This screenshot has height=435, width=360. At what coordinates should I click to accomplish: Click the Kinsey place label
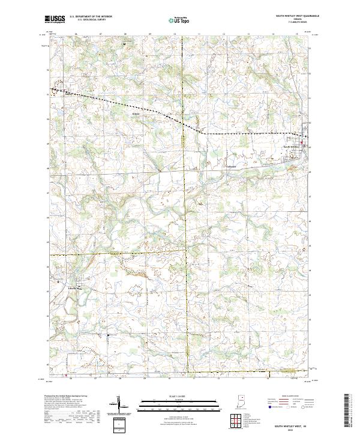point(135,112)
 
